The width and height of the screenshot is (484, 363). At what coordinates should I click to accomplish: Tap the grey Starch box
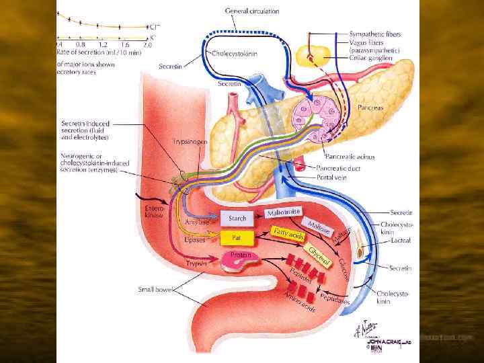click(238, 218)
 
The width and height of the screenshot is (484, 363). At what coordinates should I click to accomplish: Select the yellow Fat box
click(237, 237)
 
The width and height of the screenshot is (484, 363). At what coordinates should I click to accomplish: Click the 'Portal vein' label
click(331, 177)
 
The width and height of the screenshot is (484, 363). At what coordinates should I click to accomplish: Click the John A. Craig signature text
click(385, 341)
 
